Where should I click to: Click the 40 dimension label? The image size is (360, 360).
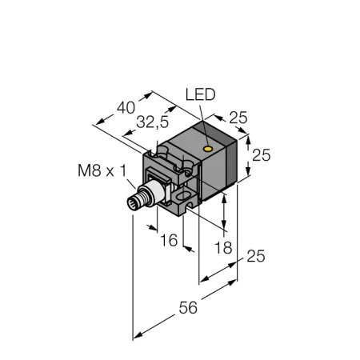[126, 108]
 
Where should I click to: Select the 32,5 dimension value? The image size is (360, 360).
[153, 122]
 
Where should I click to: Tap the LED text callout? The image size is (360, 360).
[201, 94]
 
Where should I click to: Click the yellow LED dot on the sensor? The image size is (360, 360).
[207, 149]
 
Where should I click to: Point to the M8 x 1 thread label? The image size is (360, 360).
[102, 170]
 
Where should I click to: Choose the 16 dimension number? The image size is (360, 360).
[169, 240]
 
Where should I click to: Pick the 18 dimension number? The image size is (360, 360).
[223, 248]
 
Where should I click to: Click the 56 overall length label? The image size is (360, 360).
[188, 307]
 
